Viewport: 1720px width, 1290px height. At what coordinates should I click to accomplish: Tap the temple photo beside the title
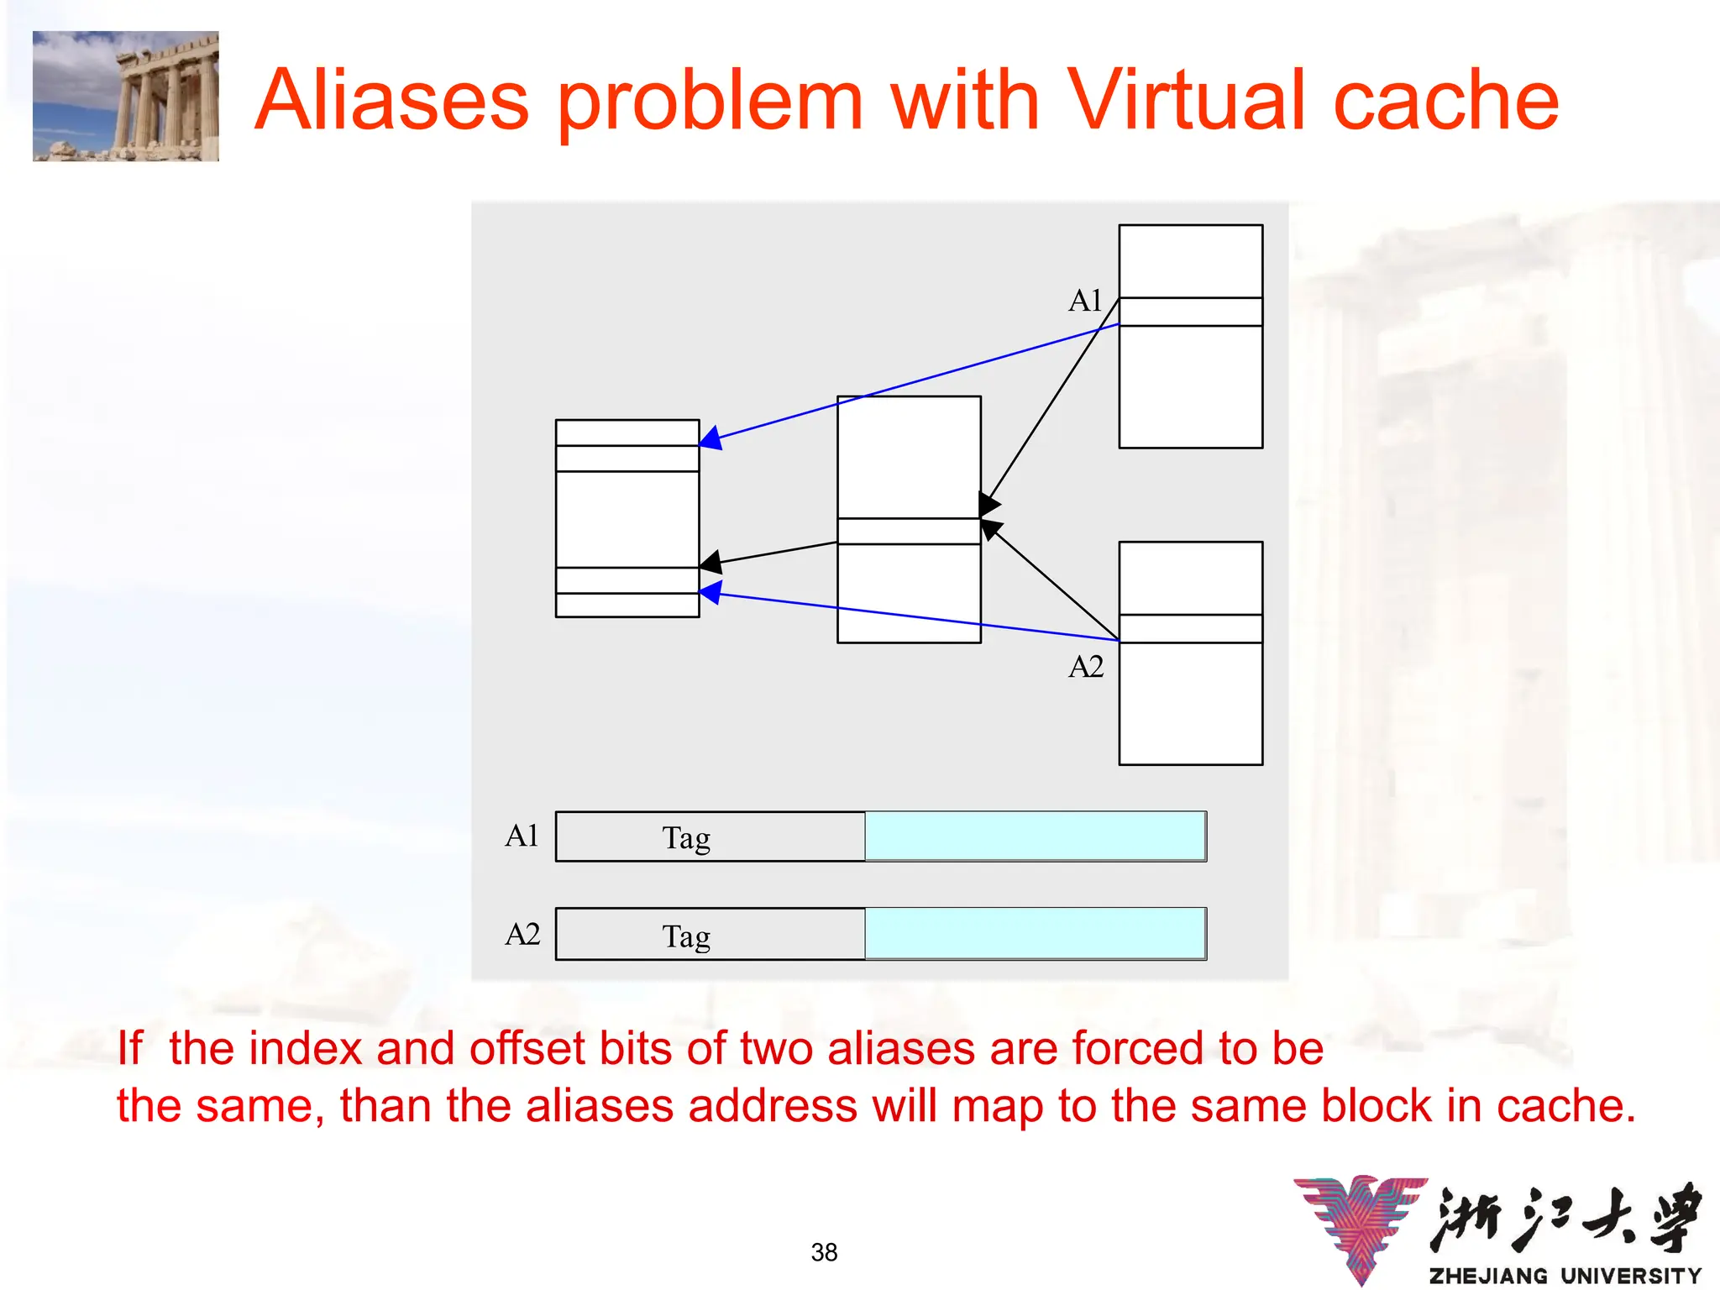click(126, 96)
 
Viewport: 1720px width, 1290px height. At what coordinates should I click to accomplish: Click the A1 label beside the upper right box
click(1084, 301)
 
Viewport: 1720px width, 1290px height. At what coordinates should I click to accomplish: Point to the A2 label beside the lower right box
click(1085, 667)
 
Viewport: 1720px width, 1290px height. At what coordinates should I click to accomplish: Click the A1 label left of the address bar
click(522, 836)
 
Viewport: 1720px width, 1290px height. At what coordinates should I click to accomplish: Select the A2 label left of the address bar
click(522, 934)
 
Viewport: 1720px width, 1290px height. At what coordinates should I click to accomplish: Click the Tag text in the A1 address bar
click(686, 838)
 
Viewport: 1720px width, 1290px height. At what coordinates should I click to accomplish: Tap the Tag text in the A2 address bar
click(686, 936)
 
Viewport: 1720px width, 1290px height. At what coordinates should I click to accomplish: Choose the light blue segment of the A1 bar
click(1035, 836)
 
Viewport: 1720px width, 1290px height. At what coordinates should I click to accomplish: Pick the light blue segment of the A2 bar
click(1035, 934)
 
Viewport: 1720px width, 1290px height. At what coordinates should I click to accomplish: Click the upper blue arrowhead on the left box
click(711, 438)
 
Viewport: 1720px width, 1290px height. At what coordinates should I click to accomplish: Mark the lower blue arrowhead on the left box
click(711, 592)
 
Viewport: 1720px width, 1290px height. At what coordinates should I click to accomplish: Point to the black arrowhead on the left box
click(711, 563)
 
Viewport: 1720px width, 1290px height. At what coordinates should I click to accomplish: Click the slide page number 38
click(824, 1252)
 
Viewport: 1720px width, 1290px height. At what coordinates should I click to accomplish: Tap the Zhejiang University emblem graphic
click(1361, 1226)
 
